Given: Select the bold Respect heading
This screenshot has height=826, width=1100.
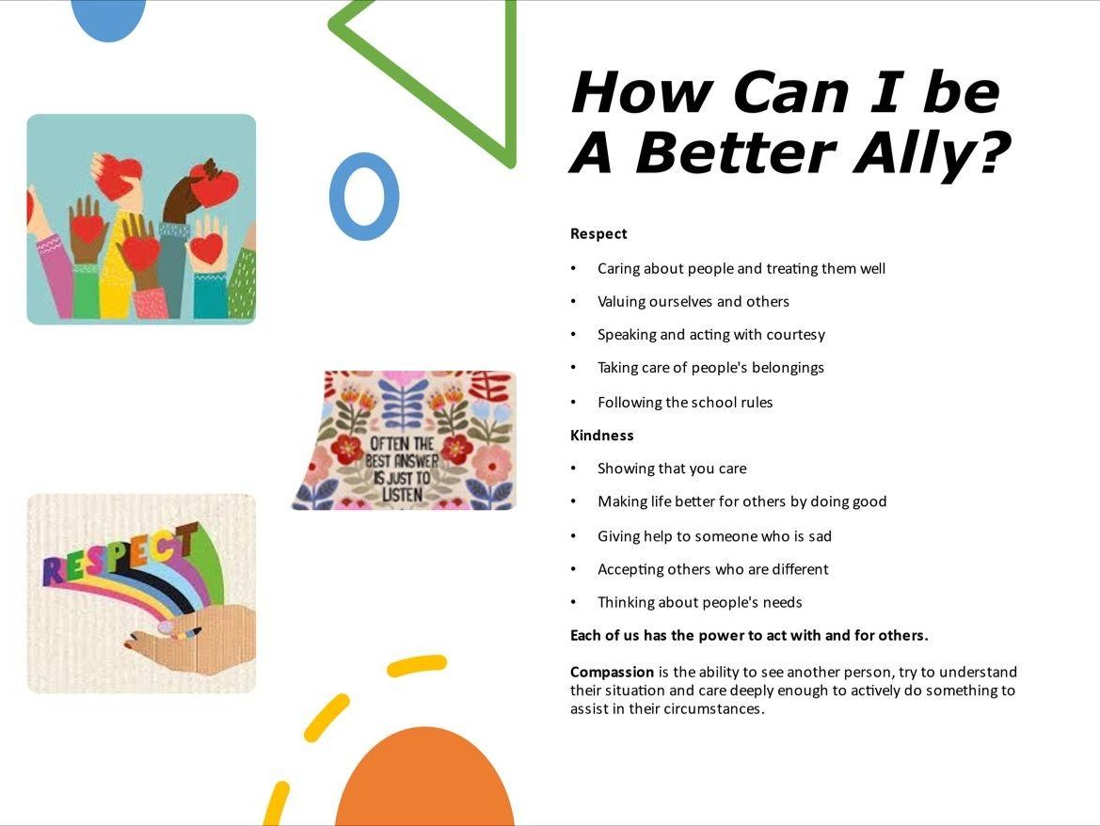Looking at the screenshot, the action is (598, 234).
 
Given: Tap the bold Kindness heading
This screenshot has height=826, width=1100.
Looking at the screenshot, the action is (602, 436).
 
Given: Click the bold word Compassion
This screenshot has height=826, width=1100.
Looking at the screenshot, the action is (612, 673).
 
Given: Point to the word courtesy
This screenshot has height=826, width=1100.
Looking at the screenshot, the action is (795, 335).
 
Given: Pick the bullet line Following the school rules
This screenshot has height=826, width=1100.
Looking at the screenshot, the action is (685, 403).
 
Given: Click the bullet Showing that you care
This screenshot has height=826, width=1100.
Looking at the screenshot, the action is (672, 469).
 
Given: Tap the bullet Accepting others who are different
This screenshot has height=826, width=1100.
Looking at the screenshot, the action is (712, 569).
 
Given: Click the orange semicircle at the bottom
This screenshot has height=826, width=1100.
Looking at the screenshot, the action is (424, 778).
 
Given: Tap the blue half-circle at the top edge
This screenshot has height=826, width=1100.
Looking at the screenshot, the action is (108, 20).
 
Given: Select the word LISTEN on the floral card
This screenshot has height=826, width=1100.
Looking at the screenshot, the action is (402, 495).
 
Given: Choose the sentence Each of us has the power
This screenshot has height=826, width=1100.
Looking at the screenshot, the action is (748, 636).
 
